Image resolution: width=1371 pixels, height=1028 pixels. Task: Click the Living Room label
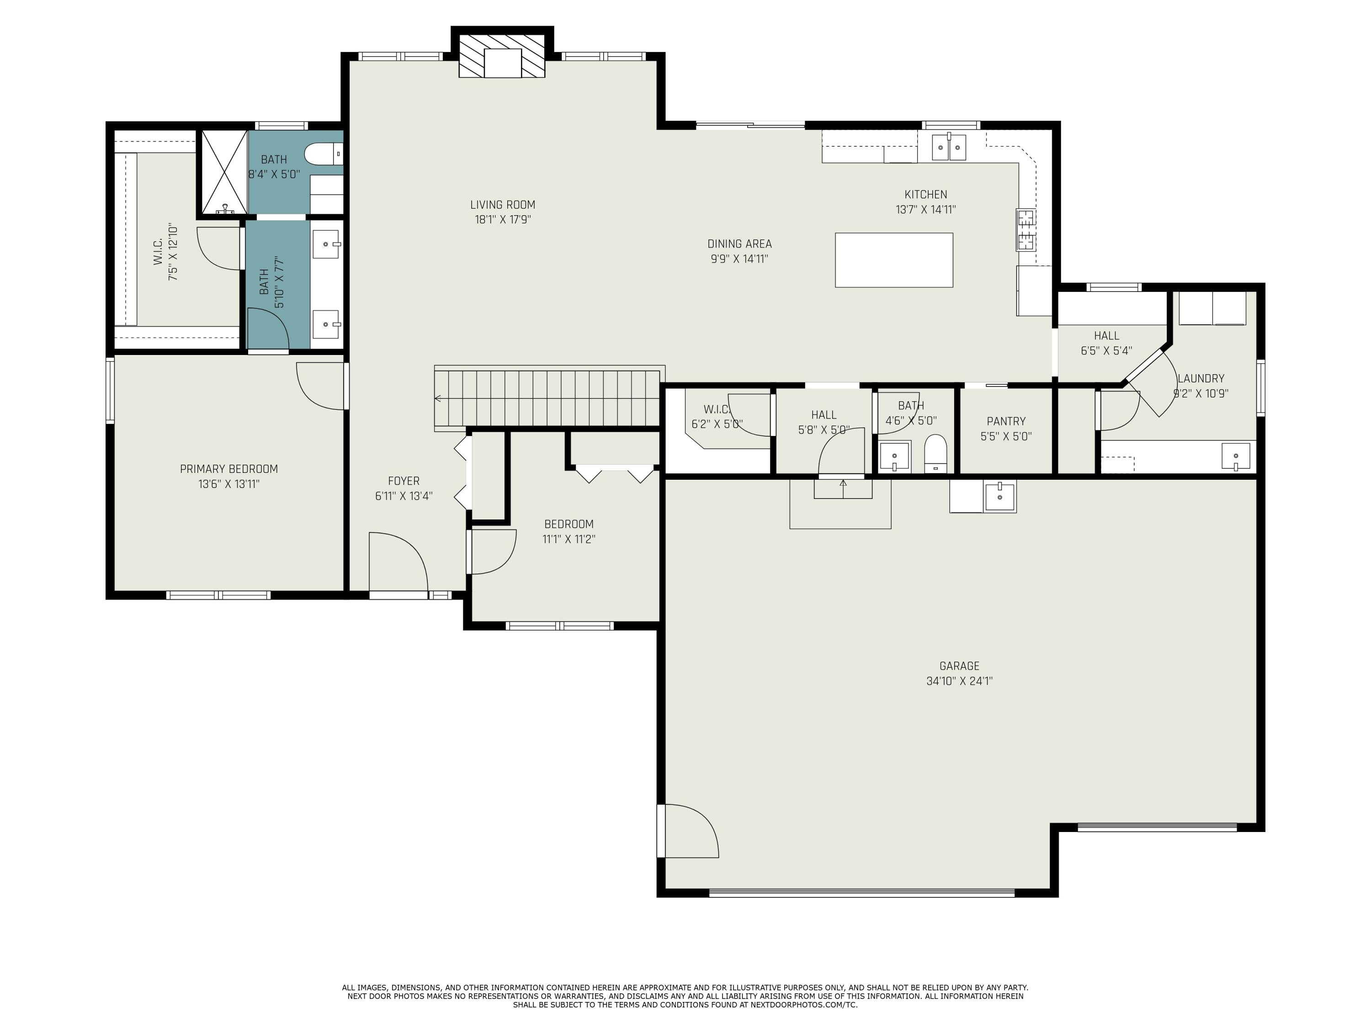pyautogui.click(x=502, y=205)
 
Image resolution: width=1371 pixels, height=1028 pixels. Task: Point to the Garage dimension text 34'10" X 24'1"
pyautogui.click(x=959, y=681)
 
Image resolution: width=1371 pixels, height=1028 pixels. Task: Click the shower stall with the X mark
pyautogui.click(x=224, y=172)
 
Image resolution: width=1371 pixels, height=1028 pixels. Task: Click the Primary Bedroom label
pyautogui.click(x=228, y=469)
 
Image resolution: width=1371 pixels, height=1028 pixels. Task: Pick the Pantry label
pyautogui.click(x=1005, y=421)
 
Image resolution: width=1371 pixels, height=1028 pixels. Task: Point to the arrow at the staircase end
pyautogui.click(x=438, y=398)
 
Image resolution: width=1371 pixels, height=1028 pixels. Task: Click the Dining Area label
pyautogui.click(x=739, y=244)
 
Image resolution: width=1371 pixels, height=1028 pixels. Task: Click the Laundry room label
pyautogui.click(x=1201, y=379)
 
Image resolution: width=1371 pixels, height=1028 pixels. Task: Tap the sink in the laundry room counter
pyautogui.click(x=1235, y=457)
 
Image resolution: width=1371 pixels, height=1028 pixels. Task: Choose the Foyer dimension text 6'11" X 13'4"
pyautogui.click(x=404, y=496)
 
